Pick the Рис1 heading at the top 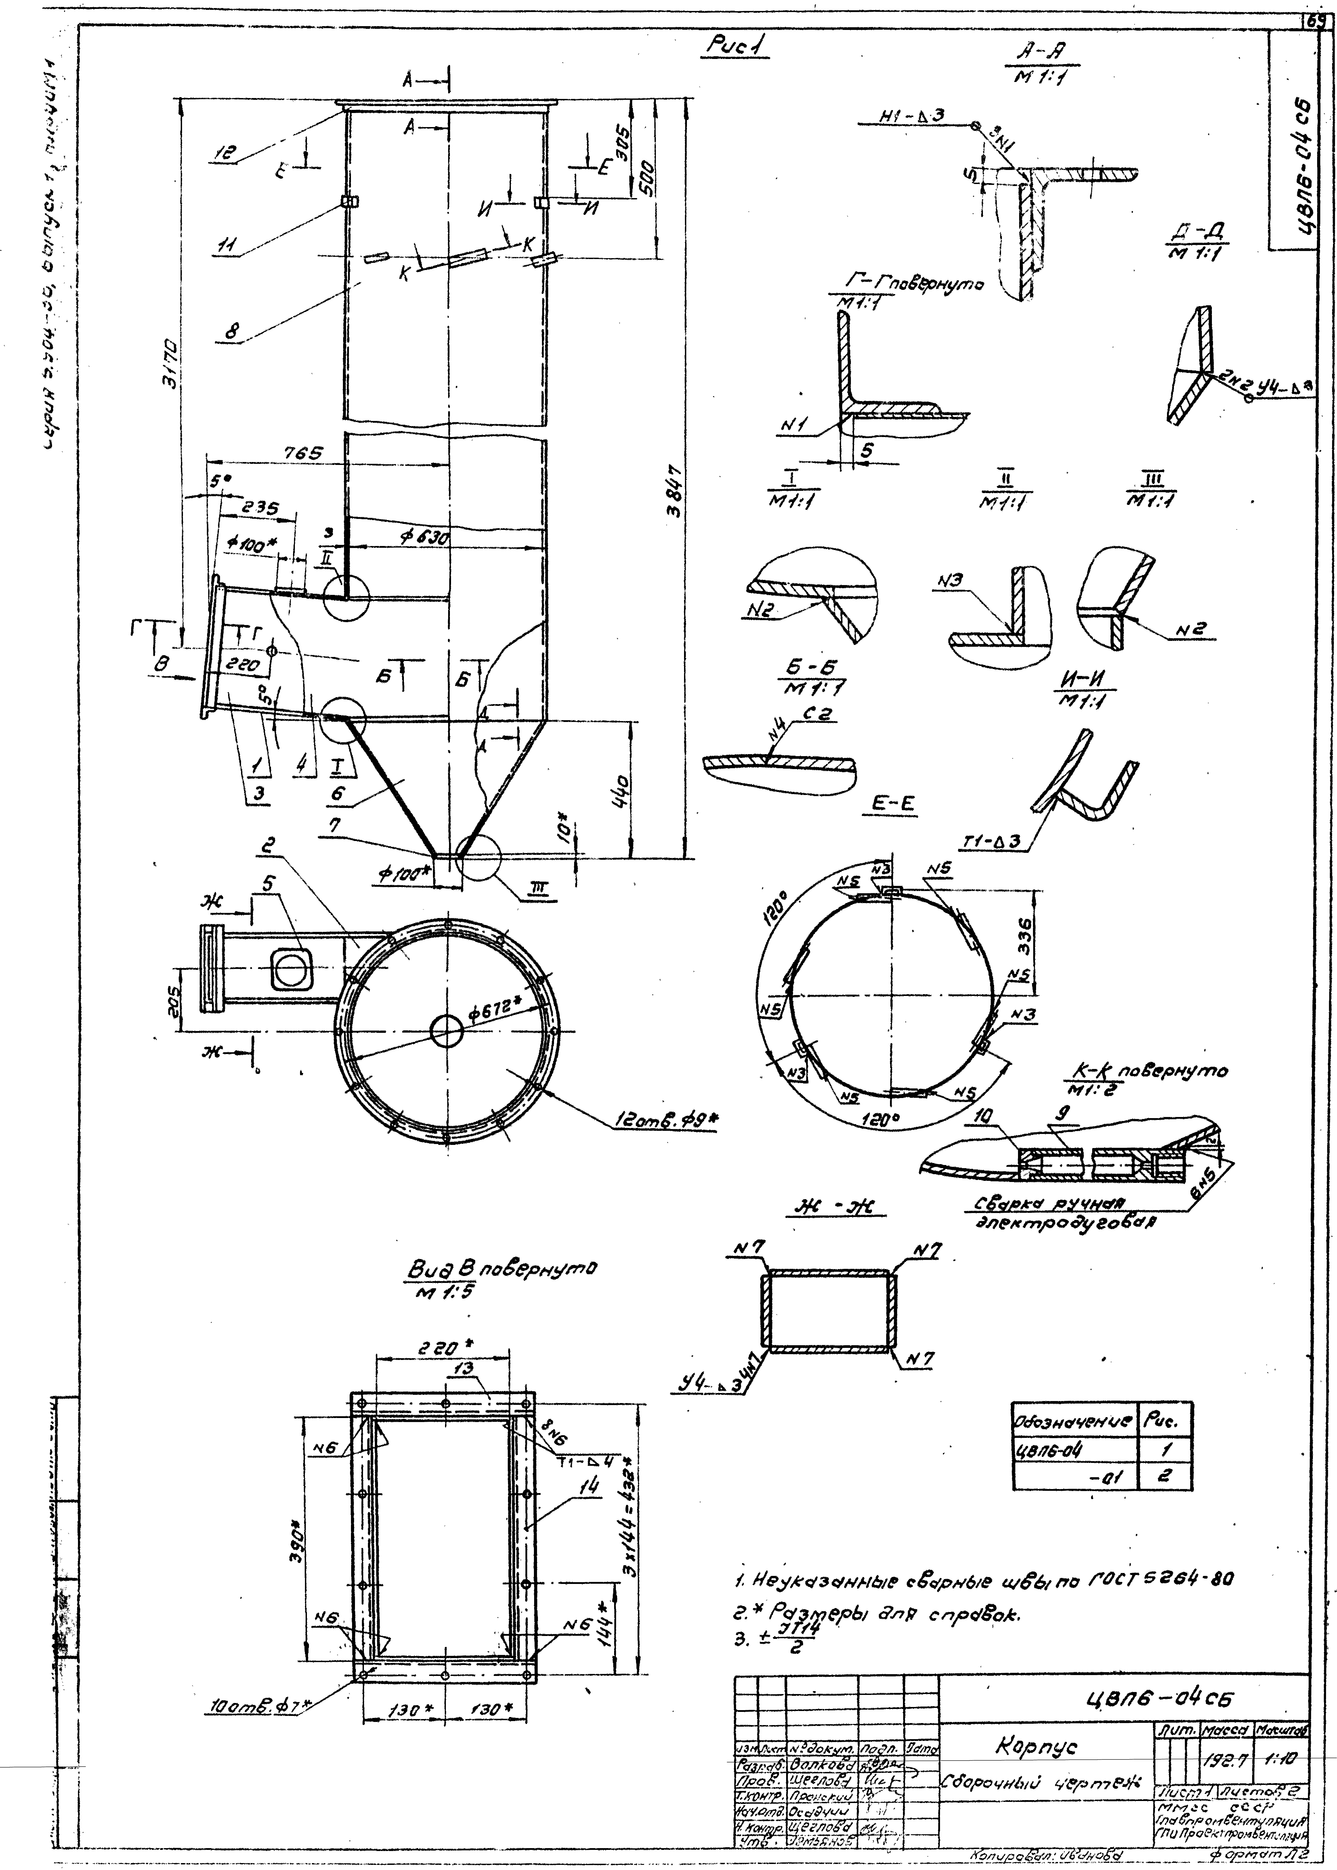tap(735, 49)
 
